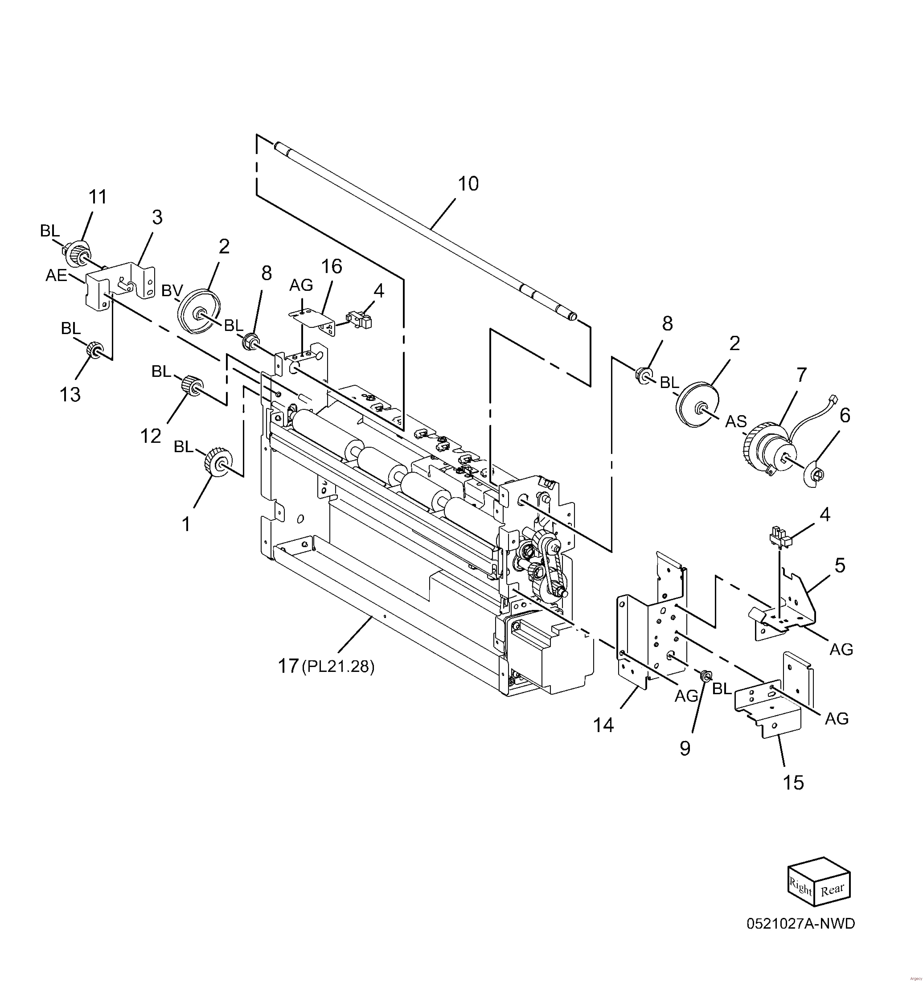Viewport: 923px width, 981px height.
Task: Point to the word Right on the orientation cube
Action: [800, 887]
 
